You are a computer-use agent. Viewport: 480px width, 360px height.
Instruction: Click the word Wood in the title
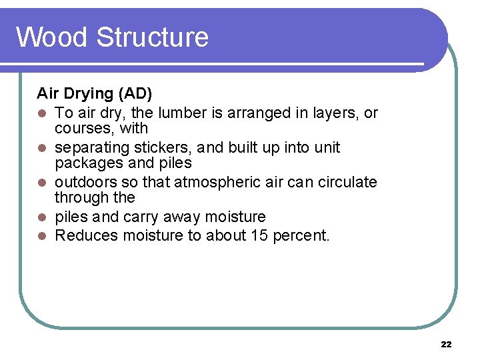coord(53,37)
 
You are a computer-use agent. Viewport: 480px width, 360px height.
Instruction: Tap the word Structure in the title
coord(152,37)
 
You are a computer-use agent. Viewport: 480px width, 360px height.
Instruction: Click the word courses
coord(81,128)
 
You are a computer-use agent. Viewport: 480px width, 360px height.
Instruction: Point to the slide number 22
coord(446,344)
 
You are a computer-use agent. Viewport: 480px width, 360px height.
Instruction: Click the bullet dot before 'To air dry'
coord(41,113)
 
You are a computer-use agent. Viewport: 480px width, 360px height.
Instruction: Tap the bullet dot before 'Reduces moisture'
coord(41,236)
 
